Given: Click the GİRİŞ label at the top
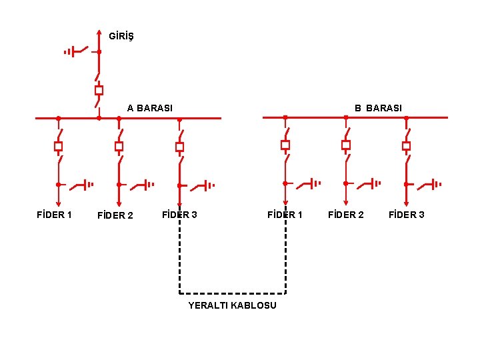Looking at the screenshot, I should click(121, 35).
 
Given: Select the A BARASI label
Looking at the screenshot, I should click(150, 108).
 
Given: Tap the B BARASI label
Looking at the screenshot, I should click(378, 108).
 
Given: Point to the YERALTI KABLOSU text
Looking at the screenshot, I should click(232, 305).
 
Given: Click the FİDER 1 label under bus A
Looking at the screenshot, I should click(54, 215).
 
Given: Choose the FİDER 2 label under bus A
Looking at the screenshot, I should click(115, 215).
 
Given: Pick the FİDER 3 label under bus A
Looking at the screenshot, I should click(179, 215).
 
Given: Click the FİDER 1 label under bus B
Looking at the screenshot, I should click(285, 215).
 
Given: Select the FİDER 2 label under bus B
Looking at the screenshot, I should click(346, 215).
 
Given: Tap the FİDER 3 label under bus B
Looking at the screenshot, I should click(406, 215).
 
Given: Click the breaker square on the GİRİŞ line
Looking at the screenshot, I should click(99, 90).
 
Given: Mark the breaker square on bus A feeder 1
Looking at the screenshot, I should click(58, 146).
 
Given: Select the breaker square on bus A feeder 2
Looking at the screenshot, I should click(119, 146).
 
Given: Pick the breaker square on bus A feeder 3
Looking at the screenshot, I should click(179, 146).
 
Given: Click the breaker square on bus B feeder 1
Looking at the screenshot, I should click(285, 145).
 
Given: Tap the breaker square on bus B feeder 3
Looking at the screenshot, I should click(406, 145).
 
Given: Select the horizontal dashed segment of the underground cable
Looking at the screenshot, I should click(232, 293).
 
